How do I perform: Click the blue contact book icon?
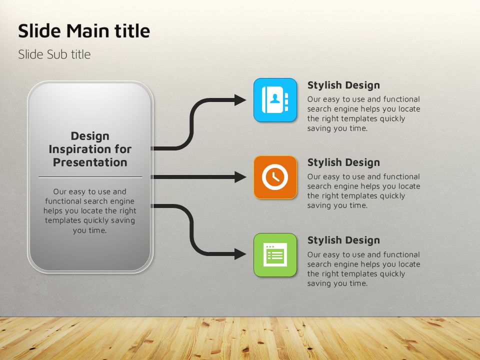click(275, 100)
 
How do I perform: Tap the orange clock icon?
click(275, 177)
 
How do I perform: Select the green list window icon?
click(275, 255)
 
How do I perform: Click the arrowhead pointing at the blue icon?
click(240, 100)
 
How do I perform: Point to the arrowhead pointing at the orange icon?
click(240, 177)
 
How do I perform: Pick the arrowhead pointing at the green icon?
click(240, 254)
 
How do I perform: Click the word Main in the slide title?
click(87, 31)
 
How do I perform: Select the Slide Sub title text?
click(54, 54)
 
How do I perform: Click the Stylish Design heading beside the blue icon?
click(343, 85)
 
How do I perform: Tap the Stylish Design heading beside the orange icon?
click(343, 162)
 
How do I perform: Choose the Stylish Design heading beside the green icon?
click(343, 240)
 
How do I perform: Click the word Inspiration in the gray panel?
click(77, 149)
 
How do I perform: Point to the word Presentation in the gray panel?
click(90, 162)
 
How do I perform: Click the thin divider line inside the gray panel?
click(90, 177)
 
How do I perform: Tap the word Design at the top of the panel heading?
click(90, 136)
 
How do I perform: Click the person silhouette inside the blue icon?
click(275, 98)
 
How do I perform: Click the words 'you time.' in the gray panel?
click(89, 230)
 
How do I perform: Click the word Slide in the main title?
click(39, 31)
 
